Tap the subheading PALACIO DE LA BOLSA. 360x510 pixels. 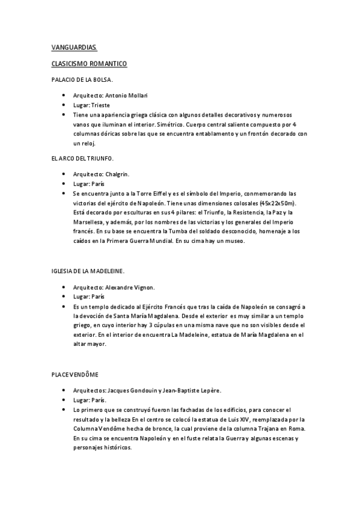tap(82, 79)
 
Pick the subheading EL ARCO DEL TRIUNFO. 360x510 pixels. tap(82, 158)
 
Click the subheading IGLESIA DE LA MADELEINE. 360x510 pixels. tap(88, 271)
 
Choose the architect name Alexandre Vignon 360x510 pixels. tap(133, 287)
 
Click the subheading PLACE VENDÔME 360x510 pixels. tap(75, 374)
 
